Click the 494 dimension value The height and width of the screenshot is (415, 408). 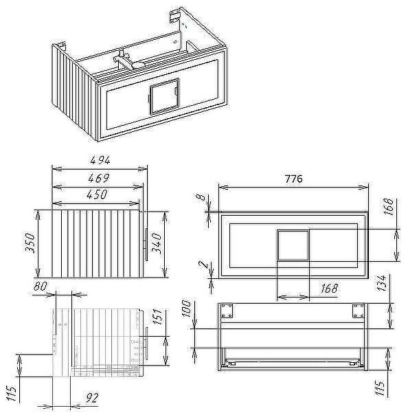[x=100, y=160]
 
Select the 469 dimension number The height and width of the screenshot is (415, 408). [x=98, y=178]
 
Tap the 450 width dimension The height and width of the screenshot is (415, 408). [x=97, y=194]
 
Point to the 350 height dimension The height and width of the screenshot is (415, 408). [x=30, y=243]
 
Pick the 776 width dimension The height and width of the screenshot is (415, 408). [x=294, y=179]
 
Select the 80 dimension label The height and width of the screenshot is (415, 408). [x=41, y=286]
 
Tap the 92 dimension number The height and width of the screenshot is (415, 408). [x=92, y=398]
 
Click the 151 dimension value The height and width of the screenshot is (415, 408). [x=158, y=316]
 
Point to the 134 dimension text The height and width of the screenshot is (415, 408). [x=381, y=283]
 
